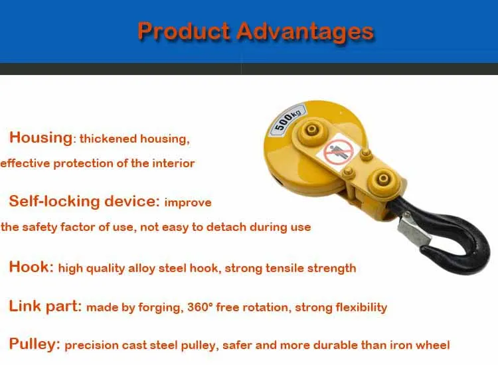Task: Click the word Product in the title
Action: [x=183, y=31]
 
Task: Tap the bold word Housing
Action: [x=41, y=138]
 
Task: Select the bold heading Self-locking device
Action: [x=84, y=201]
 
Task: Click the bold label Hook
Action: [x=31, y=267]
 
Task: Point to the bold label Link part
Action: [x=45, y=307]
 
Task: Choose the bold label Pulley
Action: [x=35, y=344]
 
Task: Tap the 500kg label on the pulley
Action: [x=287, y=120]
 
